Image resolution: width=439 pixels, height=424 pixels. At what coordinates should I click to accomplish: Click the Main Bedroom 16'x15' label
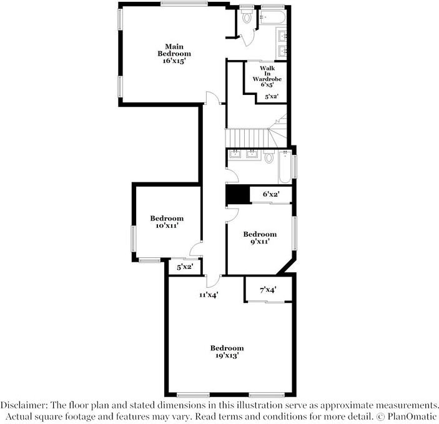coord(174,54)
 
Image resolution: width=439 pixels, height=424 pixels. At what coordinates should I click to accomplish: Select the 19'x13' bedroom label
coord(227,352)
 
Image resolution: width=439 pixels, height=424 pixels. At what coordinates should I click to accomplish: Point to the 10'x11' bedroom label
coord(167,222)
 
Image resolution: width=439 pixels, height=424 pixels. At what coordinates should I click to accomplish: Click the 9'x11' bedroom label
coord(260,237)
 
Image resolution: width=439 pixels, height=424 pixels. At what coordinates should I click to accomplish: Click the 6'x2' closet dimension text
coord(270,195)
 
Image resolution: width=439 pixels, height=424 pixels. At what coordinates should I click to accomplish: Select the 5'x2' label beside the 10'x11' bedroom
coord(185,267)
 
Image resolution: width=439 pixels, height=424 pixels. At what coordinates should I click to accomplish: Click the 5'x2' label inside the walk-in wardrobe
coord(272,97)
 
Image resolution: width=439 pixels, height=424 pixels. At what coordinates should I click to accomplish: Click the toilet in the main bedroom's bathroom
coord(247,17)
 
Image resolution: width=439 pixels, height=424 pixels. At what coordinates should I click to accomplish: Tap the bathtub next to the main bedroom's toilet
coord(272,17)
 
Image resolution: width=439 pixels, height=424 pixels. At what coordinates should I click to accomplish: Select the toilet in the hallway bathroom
coord(270,158)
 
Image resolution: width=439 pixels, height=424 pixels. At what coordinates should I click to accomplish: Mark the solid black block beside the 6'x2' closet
coord(237,195)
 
